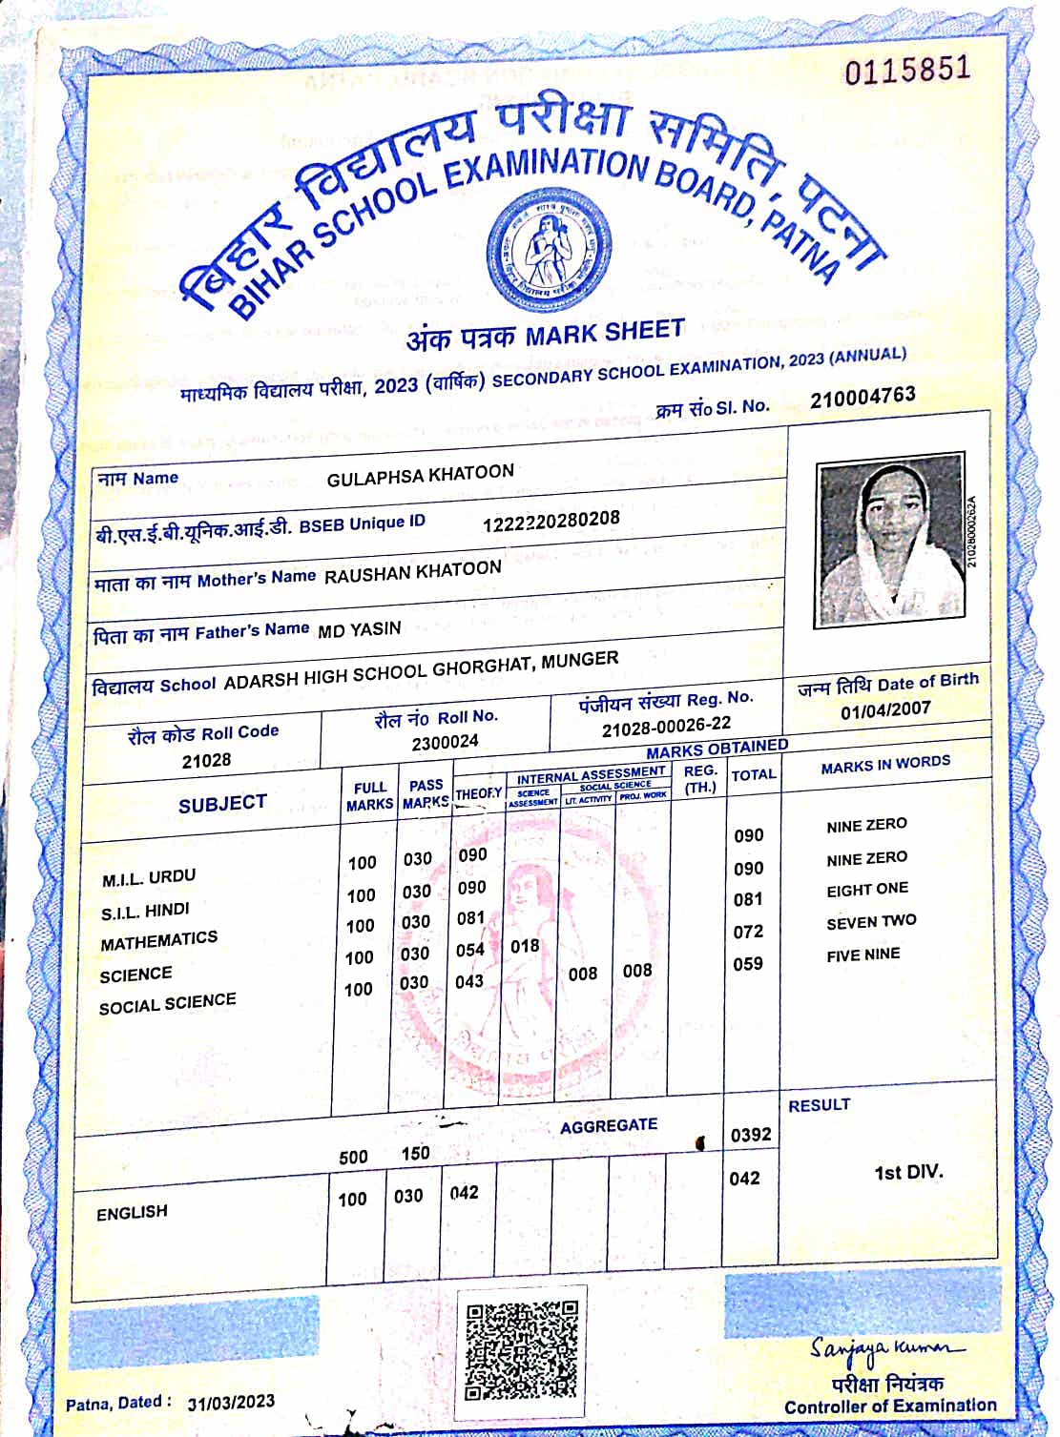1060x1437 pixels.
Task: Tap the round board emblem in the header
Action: tap(549, 245)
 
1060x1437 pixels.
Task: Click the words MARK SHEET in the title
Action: tap(604, 333)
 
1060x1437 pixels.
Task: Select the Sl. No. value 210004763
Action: tap(863, 397)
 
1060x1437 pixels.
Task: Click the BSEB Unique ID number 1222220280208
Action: tap(551, 521)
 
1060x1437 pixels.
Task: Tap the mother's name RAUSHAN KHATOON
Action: tap(412, 571)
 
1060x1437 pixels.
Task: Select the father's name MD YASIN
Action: tap(359, 629)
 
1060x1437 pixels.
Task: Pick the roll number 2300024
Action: tap(445, 742)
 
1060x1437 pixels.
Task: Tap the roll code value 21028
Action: tap(206, 760)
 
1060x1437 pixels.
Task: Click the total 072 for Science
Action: tap(748, 932)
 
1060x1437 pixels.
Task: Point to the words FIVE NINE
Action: tap(863, 955)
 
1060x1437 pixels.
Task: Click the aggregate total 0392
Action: tap(751, 1135)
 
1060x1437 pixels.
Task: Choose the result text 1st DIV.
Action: tap(908, 1172)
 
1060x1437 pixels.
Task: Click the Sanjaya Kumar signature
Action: tap(886, 1348)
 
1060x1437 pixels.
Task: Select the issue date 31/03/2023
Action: tap(231, 1402)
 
